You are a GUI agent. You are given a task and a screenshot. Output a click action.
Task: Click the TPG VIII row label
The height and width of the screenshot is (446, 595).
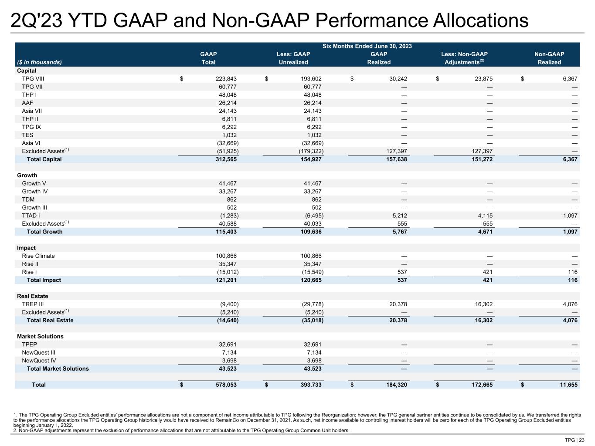click(x=33, y=79)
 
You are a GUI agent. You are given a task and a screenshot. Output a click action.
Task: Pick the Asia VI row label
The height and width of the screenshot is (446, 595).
click(x=32, y=143)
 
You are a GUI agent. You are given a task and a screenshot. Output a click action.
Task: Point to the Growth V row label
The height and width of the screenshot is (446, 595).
click(x=34, y=183)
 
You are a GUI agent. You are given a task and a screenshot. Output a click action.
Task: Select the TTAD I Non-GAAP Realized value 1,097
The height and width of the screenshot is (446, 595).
click(x=570, y=216)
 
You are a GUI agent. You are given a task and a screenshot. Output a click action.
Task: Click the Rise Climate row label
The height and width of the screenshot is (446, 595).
click(x=38, y=256)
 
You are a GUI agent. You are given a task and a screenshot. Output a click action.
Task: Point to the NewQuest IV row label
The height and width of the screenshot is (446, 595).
click(x=39, y=361)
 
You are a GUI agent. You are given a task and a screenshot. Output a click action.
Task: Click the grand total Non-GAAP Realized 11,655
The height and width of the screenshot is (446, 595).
click(x=568, y=385)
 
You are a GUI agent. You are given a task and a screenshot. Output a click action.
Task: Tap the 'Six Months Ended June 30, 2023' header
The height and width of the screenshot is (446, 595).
click(x=367, y=46)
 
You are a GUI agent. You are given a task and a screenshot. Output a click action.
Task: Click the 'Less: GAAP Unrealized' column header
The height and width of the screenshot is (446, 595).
click(x=293, y=58)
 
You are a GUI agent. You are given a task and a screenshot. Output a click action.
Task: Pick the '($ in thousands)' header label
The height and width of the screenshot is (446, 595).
click(x=39, y=62)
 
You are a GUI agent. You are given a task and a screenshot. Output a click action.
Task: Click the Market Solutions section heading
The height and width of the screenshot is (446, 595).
click(x=40, y=336)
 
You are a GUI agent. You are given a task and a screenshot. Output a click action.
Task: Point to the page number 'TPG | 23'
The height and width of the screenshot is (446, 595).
click(x=575, y=440)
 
